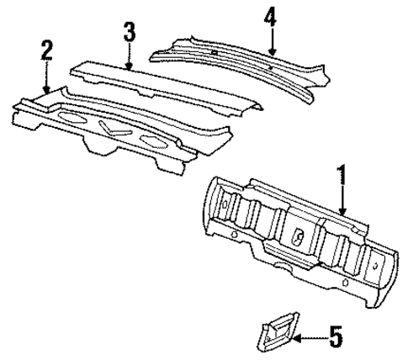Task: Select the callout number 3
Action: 128,34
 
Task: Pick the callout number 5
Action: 335,339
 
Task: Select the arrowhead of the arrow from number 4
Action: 269,56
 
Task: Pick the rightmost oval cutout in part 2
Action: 153,138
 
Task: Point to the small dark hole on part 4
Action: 215,52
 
